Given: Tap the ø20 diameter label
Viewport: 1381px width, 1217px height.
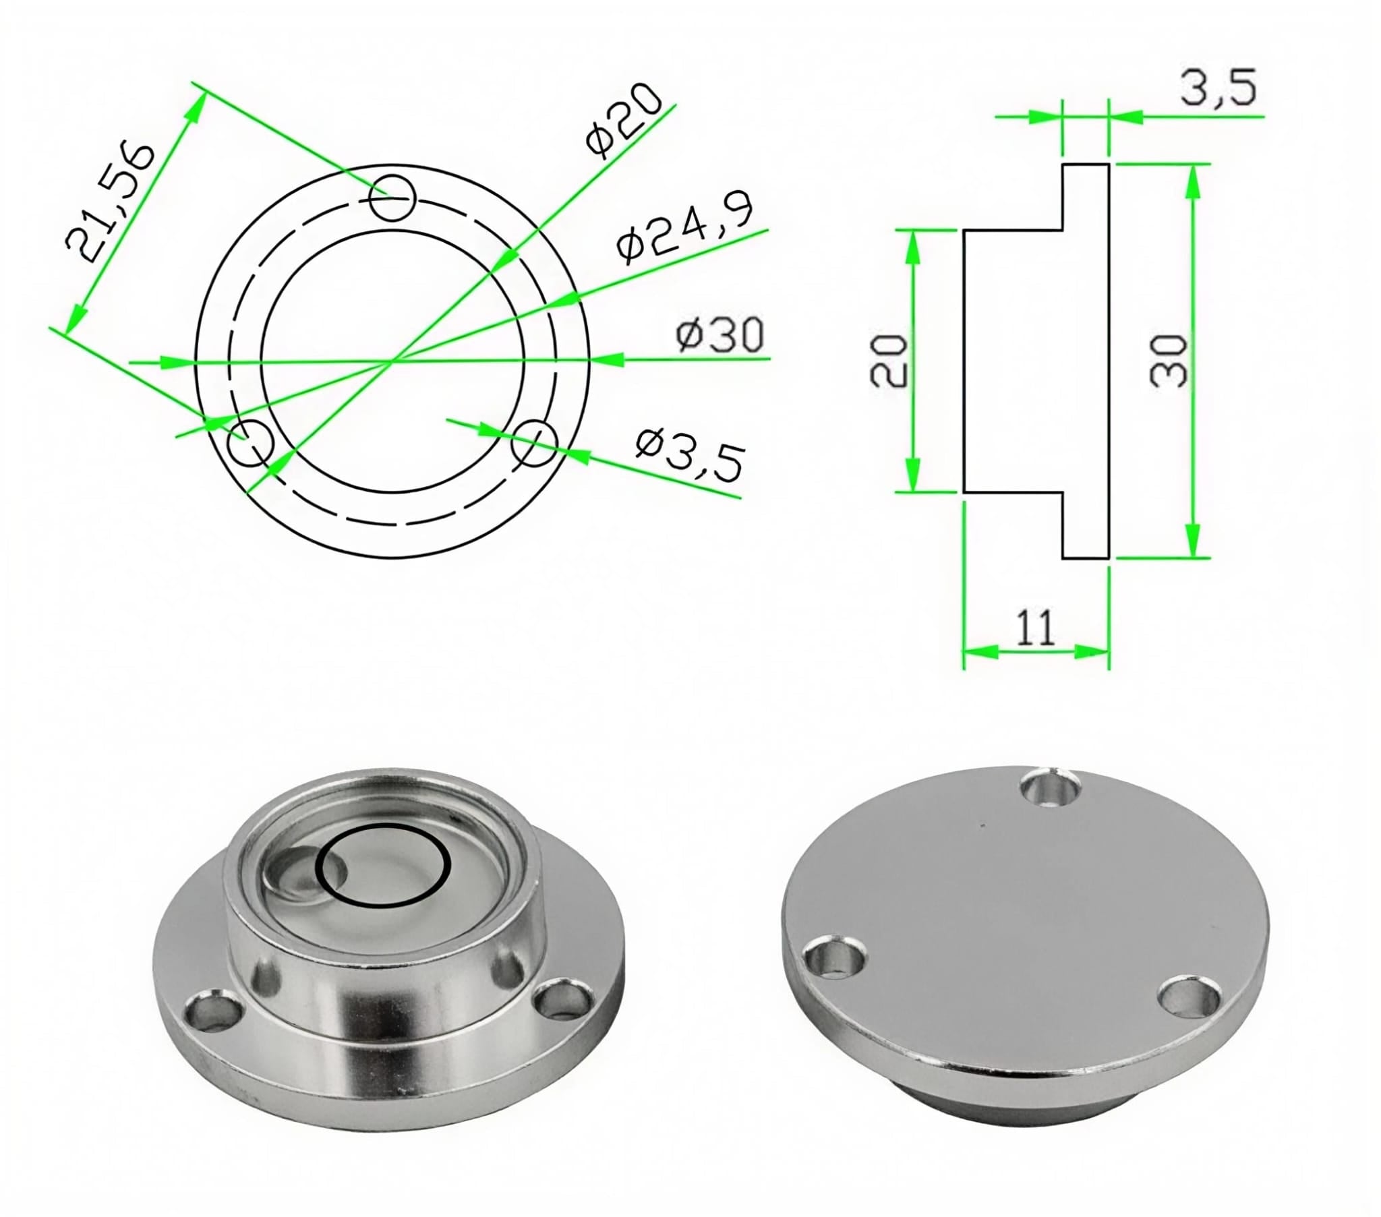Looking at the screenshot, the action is tap(622, 120).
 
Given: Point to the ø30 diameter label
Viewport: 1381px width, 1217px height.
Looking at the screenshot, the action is tap(720, 334).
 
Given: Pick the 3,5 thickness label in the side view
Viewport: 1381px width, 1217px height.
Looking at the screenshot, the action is tap(1218, 87).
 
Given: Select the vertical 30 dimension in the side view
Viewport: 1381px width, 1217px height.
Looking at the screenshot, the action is tap(1168, 361).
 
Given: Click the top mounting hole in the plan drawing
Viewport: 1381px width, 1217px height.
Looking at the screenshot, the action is tap(393, 198).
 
